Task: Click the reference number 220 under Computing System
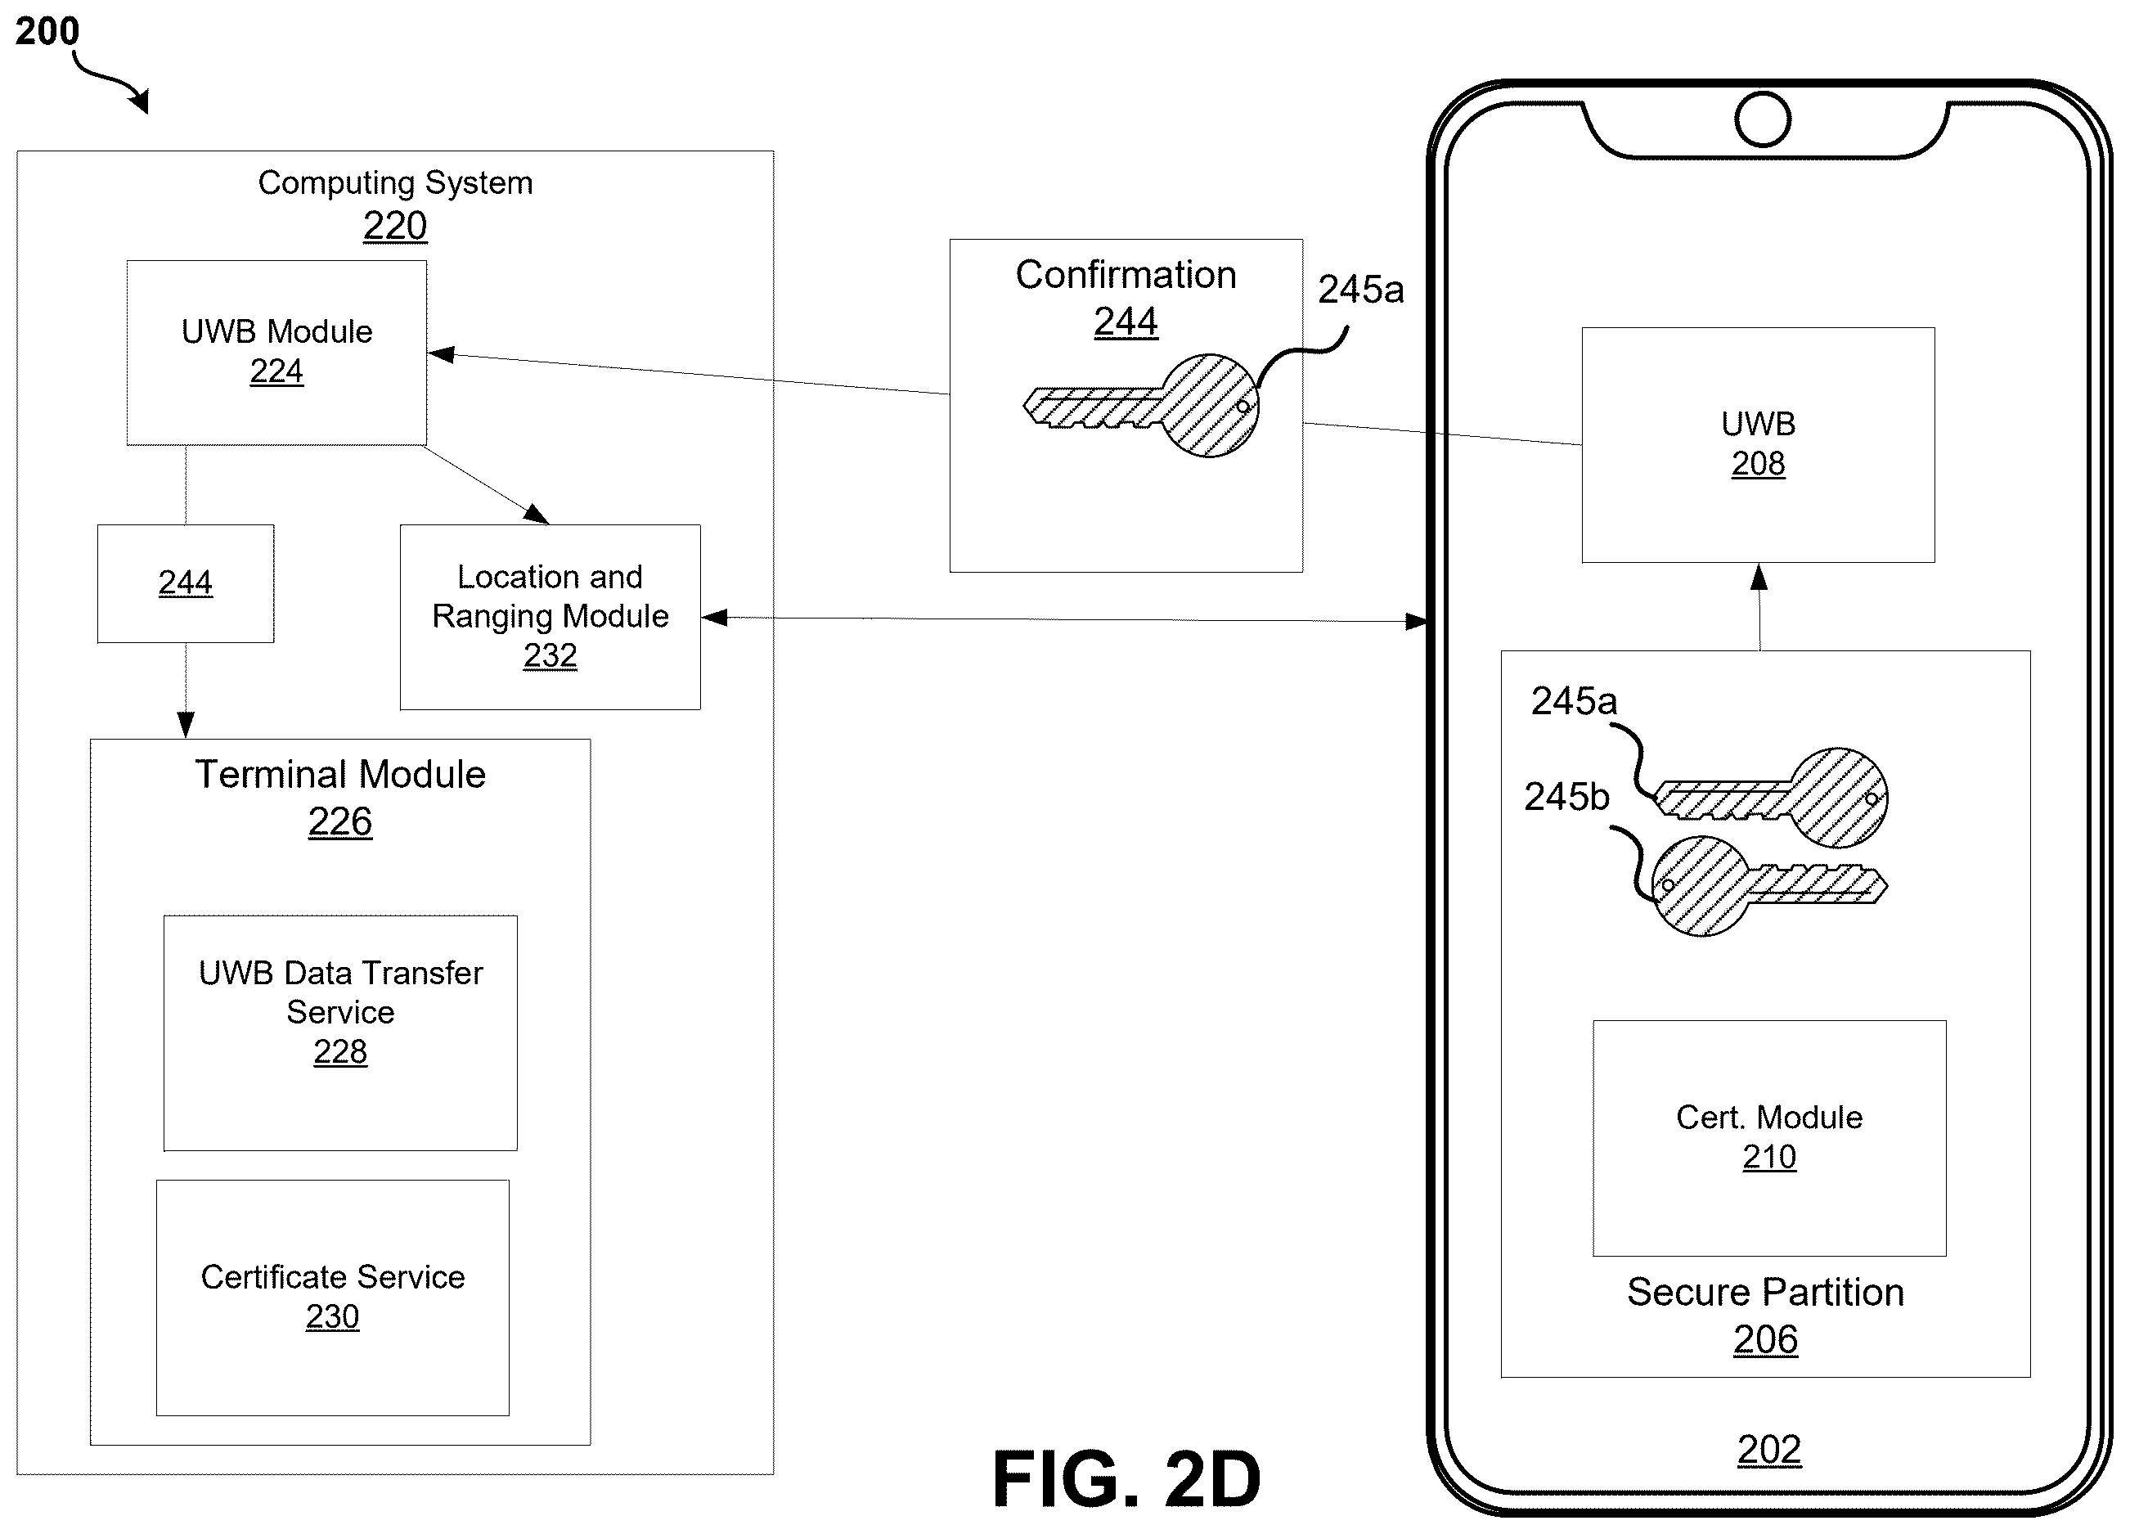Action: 394,227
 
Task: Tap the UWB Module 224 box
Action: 277,353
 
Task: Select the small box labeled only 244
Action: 186,583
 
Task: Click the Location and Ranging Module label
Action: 550,596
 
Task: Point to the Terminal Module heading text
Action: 340,774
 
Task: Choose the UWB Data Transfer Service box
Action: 340,1032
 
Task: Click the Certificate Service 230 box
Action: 332,1298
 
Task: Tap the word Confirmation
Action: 1126,275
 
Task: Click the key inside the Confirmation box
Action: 1141,406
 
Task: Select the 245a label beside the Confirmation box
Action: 1361,290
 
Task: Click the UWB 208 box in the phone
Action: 1758,445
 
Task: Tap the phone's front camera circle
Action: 1763,119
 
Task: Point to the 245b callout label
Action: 1566,797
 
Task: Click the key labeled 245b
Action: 1768,886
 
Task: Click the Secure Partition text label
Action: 1766,1293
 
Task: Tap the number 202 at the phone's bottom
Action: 1769,1450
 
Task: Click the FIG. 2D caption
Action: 1127,1479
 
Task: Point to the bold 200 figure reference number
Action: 47,32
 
